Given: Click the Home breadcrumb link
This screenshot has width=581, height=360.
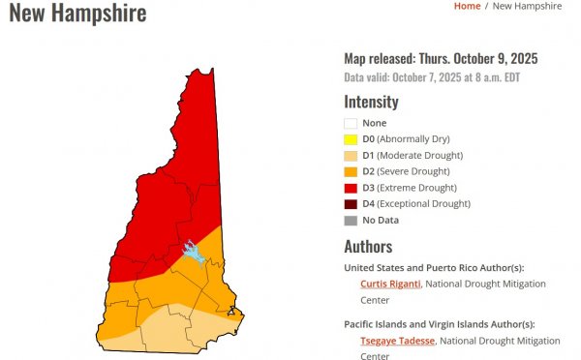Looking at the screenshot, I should click(x=467, y=6).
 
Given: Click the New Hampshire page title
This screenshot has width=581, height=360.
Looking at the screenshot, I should click(x=77, y=14).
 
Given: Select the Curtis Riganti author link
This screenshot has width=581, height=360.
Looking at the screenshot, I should click(x=389, y=284).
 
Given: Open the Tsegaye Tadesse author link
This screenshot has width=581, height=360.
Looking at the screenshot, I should click(x=398, y=341).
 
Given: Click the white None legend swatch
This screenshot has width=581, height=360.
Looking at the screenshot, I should click(x=352, y=124).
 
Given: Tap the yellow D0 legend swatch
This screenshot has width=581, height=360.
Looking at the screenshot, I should click(x=352, y=139).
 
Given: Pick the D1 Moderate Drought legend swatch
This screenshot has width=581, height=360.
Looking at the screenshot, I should click(x=352, y=156).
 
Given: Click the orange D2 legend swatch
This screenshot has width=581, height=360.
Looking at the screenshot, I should click(x=352, y=171).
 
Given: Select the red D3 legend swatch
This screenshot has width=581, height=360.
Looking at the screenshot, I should click(x=352, y=188).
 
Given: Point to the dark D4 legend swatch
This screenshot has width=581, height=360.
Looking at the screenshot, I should click(x=352, y=204).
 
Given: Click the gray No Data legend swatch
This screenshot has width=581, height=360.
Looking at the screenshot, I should click(x=352, y=220).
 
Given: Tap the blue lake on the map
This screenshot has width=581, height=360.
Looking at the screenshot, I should click(x=194, y=253).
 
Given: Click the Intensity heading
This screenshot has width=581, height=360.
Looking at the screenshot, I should click(x=371, y=102).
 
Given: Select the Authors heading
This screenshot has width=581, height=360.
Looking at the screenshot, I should click(x=368, y=246).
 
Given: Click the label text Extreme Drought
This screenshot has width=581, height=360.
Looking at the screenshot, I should click(x=420, y=188).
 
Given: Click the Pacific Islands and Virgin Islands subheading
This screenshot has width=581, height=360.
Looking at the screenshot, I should click(x=439, y=324).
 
